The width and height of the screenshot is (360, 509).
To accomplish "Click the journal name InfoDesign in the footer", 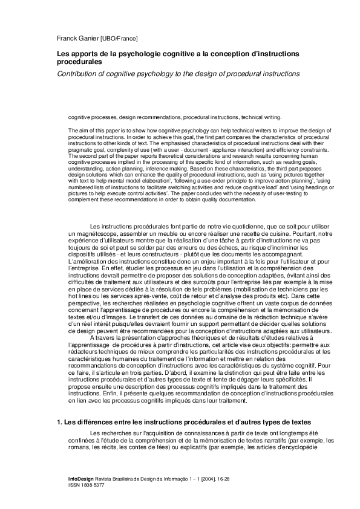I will [81, 478].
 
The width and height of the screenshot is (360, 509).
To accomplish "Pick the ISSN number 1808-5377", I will [92, 485].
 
